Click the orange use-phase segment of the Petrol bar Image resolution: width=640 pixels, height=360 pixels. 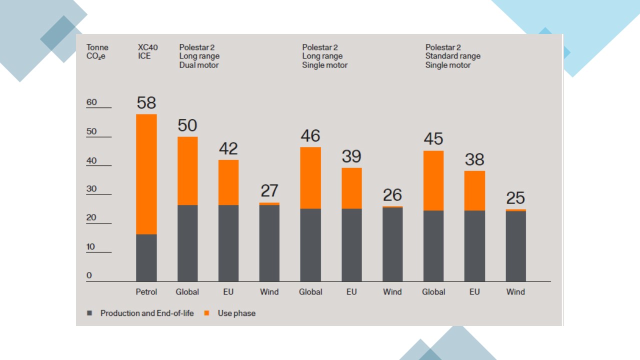coord(146,174)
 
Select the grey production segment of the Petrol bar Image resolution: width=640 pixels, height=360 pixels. coord(146,257)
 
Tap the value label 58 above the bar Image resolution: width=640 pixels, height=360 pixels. coord(146,103)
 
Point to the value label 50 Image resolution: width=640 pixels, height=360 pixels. coord(187,125)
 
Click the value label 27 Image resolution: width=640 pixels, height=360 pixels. coord(269,191)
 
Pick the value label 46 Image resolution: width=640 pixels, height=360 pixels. coord(310,136)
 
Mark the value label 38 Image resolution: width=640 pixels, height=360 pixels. coord(474,159)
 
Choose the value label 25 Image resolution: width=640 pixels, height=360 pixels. coord(515,198)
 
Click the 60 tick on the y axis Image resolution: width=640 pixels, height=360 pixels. coord(92,102)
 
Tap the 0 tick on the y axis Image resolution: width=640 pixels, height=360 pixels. coord(89,275)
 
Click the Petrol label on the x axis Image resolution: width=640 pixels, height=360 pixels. coord(146,292)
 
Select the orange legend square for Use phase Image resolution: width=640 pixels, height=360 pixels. coord(207,313)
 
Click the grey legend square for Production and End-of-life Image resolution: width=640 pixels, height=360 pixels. coord(89,313)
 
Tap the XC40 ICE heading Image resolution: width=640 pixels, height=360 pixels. coord(148,52)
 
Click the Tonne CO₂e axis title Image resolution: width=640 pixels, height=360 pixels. coord(97,52)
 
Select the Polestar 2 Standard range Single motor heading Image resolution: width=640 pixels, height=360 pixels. coord(452,56)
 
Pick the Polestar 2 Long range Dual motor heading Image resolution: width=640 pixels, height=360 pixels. coord(199,56)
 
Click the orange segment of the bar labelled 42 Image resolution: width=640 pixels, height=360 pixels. coord(228,182)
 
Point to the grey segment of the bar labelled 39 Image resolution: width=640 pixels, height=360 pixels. coord(351,245)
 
